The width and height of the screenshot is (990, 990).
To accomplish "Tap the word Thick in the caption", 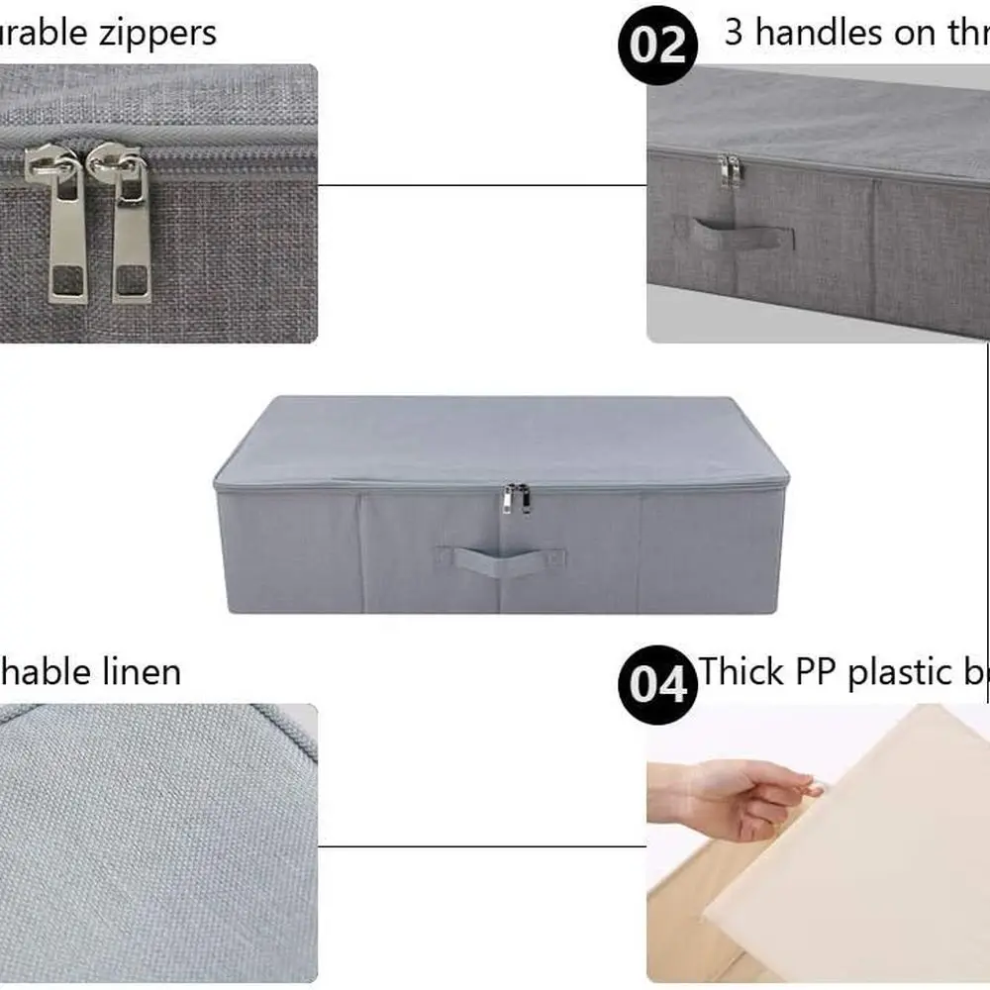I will (743, 672).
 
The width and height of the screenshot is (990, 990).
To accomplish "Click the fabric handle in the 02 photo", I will (742, 236).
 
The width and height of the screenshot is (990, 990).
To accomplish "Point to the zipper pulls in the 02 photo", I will (730, 170).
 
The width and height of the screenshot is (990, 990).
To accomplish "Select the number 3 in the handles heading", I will (734, 33).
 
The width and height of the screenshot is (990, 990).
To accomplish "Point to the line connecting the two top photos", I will (482, 185).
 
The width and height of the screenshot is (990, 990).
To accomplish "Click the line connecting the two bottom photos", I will (482, 846).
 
